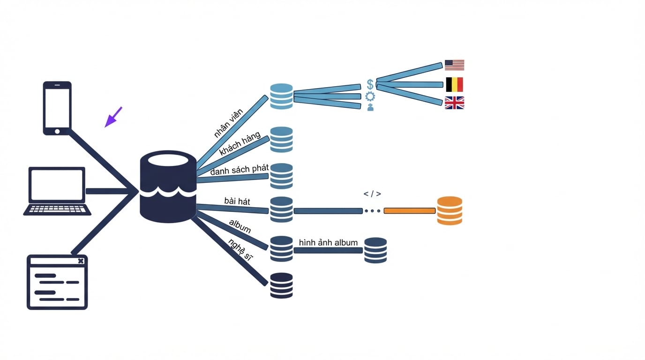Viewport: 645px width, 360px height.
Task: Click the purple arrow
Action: pos(113,117)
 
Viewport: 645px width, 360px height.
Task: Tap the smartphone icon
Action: pos(57,108)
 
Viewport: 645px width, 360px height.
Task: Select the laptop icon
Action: pos(57,191)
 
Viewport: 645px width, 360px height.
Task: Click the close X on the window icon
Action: pos(81,261)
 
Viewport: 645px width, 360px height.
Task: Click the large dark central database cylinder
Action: pos(168,187)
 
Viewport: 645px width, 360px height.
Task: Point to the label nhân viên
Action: pos(229,123)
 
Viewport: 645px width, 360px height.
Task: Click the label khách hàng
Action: pos(240,143)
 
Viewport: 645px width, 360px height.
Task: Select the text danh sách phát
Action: pos(239,170)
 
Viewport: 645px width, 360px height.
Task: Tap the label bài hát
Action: pos(237,201)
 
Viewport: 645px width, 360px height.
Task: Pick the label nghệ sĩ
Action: pos(240,250)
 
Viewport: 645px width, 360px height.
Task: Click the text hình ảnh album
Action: pos(328,242)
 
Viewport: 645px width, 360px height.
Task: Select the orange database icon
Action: pos(450,210)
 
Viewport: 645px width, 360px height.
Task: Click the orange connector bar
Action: pos(410,211)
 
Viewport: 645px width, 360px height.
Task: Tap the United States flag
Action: pos(454,65)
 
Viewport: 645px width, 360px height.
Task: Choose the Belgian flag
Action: pos(454,84)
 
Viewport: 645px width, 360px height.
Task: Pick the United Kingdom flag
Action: pos(454,103)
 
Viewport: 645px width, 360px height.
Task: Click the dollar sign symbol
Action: pos(370,84)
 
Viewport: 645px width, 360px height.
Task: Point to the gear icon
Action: pos(370,97)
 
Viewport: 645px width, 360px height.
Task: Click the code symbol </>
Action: pos(372,194)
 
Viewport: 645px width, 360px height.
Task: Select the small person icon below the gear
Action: pos(370,107)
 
